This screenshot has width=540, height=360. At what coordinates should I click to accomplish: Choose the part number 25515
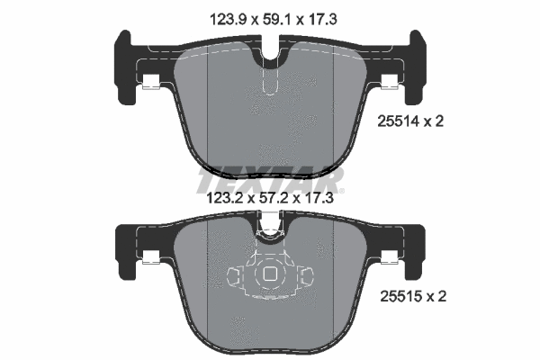click(399, 294)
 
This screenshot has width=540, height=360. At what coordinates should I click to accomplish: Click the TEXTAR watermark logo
click(269, 174)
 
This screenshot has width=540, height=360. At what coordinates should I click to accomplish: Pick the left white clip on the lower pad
click(150, 260)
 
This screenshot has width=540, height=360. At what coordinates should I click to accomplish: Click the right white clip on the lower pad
click(389, 260)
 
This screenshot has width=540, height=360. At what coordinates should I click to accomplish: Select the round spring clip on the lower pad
click(269, 276)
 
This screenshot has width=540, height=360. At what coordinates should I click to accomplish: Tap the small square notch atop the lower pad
click(269, 221)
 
